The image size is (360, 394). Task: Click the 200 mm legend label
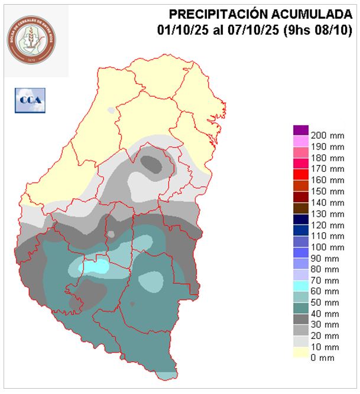click(x=327, y=135)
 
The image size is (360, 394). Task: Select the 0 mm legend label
click(x=322, y=358)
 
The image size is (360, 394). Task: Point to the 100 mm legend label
click(x=327, y=247)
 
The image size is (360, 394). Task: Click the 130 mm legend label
click(x=327, y=213)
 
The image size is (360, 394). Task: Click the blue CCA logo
click(x=30, y=100)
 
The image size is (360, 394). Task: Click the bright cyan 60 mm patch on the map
click(x=95, y=266)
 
